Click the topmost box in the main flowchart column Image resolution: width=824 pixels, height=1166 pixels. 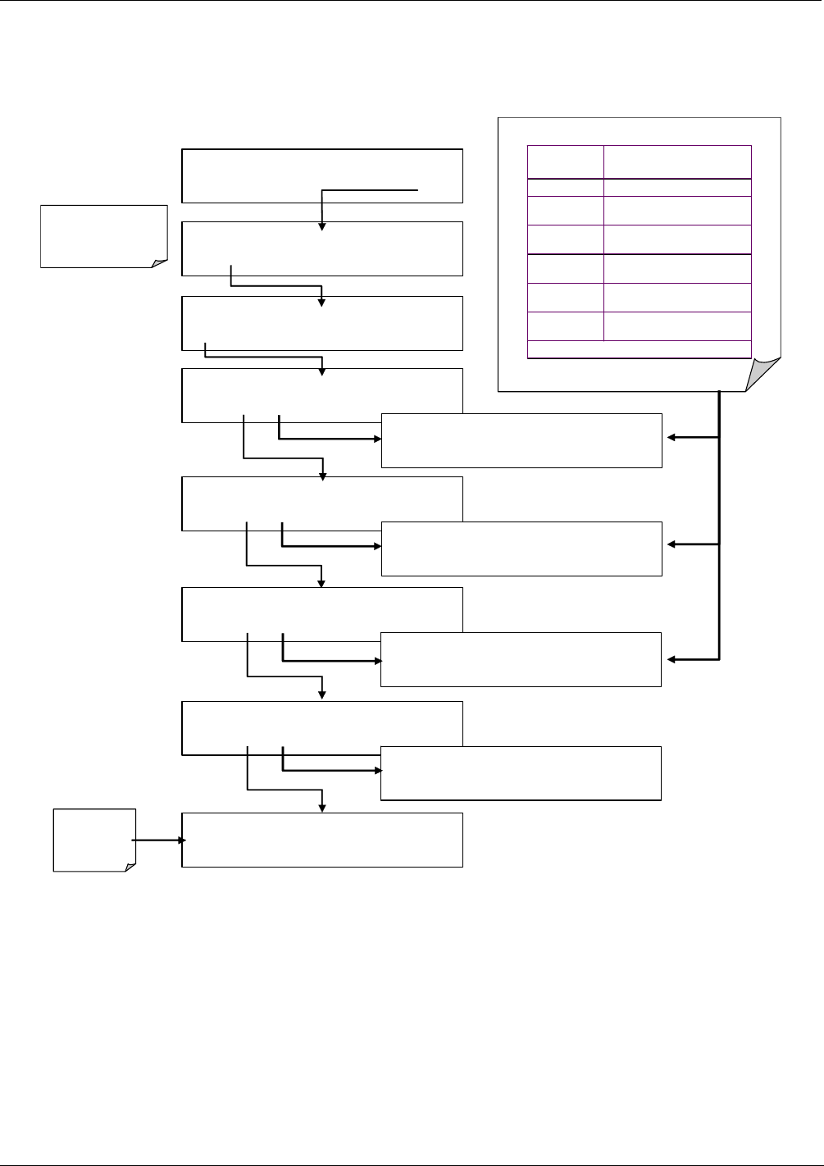coord(321,175)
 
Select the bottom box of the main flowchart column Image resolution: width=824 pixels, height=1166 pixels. coord(321,840)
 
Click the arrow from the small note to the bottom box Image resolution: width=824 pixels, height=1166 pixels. coord(157,840)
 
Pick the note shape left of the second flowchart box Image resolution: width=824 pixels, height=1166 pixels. coord(103,236)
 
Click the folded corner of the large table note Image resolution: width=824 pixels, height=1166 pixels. coord(763,376)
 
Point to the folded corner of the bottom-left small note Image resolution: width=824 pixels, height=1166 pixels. coord(129,865)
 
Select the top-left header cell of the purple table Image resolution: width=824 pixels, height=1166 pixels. coord(565,162)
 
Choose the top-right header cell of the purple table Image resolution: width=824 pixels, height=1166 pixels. coord(677,162)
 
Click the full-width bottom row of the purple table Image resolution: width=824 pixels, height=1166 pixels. coord(639,349)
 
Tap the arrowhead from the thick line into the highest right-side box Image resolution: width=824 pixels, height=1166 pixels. coord(671,438)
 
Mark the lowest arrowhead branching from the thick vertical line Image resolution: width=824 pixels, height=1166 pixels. coord(671,659)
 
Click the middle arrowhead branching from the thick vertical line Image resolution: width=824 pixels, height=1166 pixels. coord(671,544)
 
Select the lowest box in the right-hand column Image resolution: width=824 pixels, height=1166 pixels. coord(521,772)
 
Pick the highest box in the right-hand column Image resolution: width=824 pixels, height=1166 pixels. coord(521,440)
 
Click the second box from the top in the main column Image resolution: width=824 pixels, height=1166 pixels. coord(321,248)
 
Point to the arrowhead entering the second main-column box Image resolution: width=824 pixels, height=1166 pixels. coord(322,226)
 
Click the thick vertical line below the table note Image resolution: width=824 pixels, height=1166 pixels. coord(720,525)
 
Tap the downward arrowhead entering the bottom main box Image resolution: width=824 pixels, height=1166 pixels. coord(322,808)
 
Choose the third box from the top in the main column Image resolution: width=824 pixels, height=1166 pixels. coord(321,323)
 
